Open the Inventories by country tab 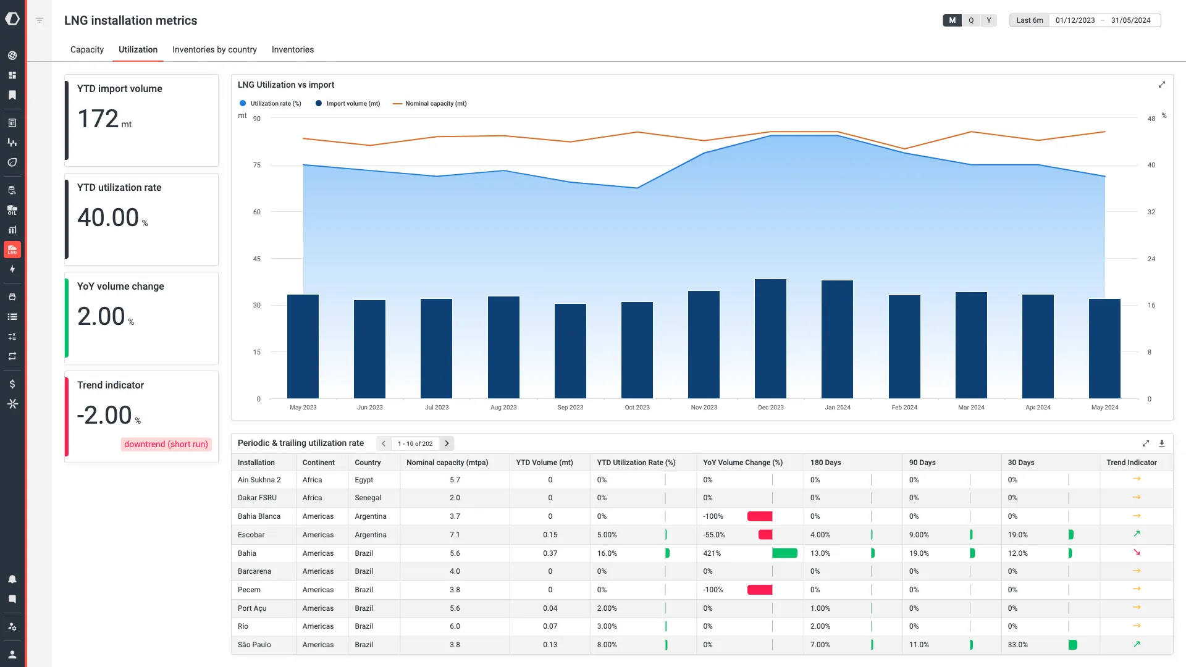[x=214, y=49]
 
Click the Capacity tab [x=87, y=49]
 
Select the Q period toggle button [x=971, y=20]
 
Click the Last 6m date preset [x=1029, y=20]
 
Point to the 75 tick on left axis [x=256, y=165]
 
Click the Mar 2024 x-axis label [x=971, y=407]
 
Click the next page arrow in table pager [x=447, y=443]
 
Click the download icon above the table [x=1161, y=443]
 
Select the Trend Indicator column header [x=1131, y=463]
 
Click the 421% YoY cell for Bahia [x=712, y=553]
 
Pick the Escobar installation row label [x=251, y=535]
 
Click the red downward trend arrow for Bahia [x=1137, y=553]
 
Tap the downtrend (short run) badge [x=166, y=444]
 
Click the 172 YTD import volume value [x=98, y=119]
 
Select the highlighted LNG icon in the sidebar [x=12, y=250]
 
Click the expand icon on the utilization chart [x=1161, y=85]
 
